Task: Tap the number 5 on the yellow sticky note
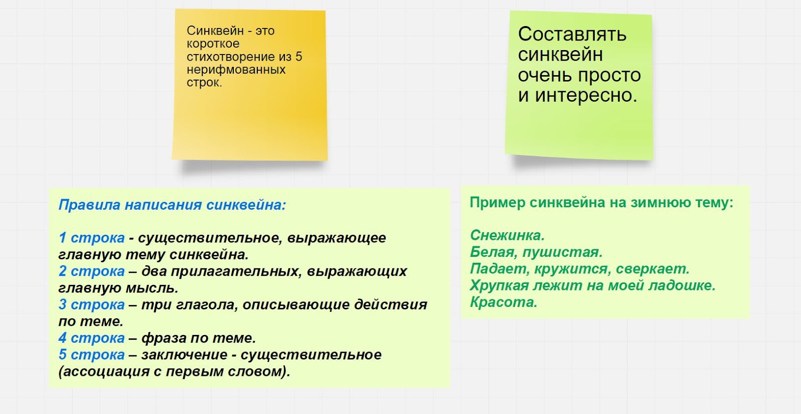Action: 298,57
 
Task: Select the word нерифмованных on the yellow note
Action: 236,70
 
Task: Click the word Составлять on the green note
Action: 572,35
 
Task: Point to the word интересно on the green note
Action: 586,96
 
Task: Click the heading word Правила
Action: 90,205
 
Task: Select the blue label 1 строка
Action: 92,238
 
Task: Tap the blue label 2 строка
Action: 92,271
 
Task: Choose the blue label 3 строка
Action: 92,304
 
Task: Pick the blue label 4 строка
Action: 92,338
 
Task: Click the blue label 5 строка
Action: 92,354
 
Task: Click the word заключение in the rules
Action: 184,354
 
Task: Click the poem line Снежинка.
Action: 508,235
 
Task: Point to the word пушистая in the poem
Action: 563,252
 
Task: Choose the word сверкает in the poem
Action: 653,269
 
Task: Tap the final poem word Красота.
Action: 504,302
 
